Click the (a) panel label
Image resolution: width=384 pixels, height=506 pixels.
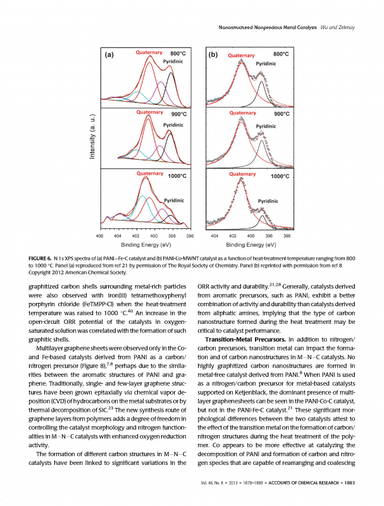tap(109, 54)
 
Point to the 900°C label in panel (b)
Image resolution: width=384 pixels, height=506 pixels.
tap(281, 114)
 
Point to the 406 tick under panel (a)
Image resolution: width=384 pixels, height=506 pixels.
tap(99, 236)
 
